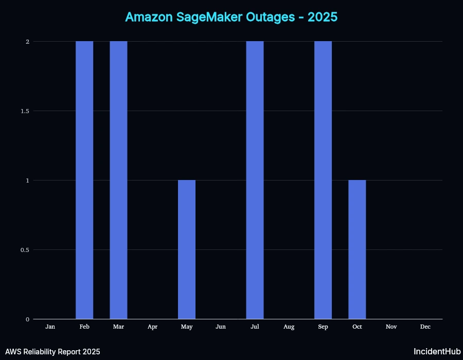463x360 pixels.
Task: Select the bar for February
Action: [84, 180]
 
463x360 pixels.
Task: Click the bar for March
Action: [118, 180]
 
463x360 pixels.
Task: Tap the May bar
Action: [187, 249]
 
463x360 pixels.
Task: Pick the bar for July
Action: [255, 180]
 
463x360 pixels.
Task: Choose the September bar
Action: [323, 180]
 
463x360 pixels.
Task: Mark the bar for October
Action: [357, 249]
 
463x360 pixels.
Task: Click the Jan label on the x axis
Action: [50, 327]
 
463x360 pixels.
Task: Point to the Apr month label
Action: [153, 327]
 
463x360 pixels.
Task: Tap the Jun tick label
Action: [221, 327]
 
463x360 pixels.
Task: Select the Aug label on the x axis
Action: [289, 327]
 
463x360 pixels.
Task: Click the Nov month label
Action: [391, 327]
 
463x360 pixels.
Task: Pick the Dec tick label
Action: [425, 327]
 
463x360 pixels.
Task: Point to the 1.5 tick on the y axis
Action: [24, 111]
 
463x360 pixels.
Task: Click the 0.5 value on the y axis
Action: [24, 250]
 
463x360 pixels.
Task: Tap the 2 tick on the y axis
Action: [27, 42]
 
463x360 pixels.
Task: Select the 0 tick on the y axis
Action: [27, 319]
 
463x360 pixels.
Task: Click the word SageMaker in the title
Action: [201, 17]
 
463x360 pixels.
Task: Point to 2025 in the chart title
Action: [322, 17]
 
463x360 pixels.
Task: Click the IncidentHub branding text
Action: [437, 352]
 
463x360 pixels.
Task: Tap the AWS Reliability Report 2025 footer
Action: [53, 352]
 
